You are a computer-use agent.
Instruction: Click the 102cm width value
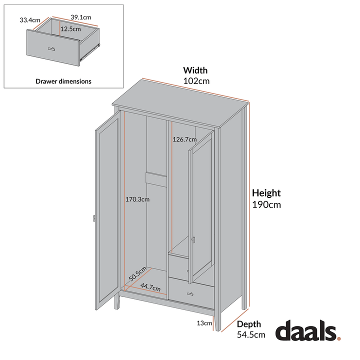pyautogui.click(x=196, y=80)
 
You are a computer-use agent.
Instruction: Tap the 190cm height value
pyautogui.click(x=266, y=204)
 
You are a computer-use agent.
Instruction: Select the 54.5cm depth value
pyautogui.click(x=251, y=335)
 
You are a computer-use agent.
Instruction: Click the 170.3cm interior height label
pyautogui.click(x=137, y=199)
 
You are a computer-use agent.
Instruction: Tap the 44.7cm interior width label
pyautogui.click(x=150, y=287)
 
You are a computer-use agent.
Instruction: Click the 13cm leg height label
pyautogui.click(x=204, y=323)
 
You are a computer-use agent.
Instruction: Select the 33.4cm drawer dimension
pyautogui.click(x=29, y=20)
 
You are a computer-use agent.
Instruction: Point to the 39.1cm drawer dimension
pyautogui.click(x=80, y=17)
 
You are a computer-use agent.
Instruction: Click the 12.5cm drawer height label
pyautogui.click(x=70, y=29)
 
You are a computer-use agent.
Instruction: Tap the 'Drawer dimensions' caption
pyautogui.click(x=63, y=81)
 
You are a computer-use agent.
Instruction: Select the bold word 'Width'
pyautogui.click(x=195, y=70)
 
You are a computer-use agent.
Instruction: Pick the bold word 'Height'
pyautogui.click(x=266, y=193)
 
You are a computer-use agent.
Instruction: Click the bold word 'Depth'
pyautogui.click(x=249, y=324)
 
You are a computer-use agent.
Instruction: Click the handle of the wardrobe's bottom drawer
pyautogui.click(x=190, y=293)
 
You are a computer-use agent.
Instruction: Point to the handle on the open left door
pyautogui.click(x=93, y=218)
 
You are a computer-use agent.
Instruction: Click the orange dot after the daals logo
pyautogui.click(x=339, y=338)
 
